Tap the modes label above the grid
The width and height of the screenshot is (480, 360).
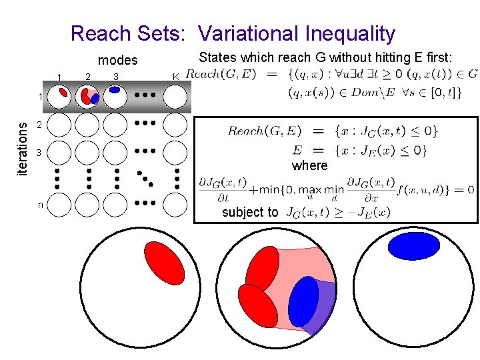(117, 60)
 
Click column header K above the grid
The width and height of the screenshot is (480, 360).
(175, 77)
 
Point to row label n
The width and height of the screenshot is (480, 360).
(40, 205)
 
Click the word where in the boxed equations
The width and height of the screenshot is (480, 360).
(310, 165)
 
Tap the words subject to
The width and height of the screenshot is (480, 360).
(250, 213)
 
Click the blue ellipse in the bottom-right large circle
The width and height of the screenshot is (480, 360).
(414, 245)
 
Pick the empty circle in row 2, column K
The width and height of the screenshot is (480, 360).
(176, 124)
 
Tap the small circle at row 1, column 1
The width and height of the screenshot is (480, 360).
(60, 97)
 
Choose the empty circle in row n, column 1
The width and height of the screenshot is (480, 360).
(60, 205)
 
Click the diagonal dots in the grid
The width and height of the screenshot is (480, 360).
(144, 177)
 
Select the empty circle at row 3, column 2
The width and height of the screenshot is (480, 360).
(87, 153)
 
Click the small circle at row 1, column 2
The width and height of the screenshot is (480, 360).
(87, 97)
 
